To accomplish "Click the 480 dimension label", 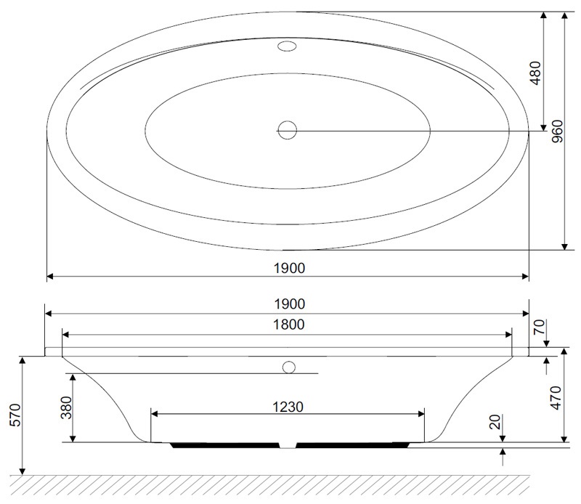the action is (x=536, y=73).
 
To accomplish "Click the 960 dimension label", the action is (x=557, y=131).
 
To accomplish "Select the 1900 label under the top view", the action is (x=289, y=268).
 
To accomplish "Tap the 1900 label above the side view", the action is (x=290, y=304).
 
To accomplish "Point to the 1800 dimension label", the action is (x=289, y=325).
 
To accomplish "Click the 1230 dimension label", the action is (x=288, y=407).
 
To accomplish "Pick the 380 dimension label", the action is (x=66, y=407).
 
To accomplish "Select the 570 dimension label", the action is (x=15, y=415).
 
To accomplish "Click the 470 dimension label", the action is (x=556, y=398).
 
